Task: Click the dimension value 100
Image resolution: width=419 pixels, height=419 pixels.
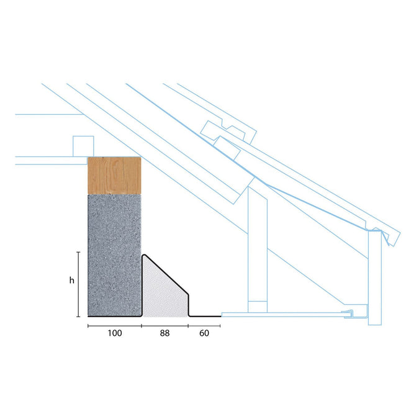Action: pyautogui.click(x=114, y=333)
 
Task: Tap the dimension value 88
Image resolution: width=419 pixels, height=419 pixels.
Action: pyautogui.click(x=164, y=333)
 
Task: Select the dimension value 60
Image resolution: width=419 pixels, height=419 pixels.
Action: pyautogui.click(x=204, y=333)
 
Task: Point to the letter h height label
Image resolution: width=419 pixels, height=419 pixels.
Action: pyautogui.click(x=71, y=281)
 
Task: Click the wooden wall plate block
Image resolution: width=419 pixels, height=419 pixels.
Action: pyautogui.click(x=115, y=175)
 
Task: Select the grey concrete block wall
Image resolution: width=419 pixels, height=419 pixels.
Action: pyautogui.click(x=115, y=255)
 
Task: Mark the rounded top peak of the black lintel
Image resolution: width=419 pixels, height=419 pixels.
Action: pyautogui.click(x=145, y=255)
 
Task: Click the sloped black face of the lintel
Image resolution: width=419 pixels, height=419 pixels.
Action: pyautogui.click(x=168, y=274)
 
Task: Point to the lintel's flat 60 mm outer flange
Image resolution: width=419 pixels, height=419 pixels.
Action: pyautogui.click(x=205, y=316)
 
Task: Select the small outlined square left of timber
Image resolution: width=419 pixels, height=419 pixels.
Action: pyautogui.click(x=82, y=146)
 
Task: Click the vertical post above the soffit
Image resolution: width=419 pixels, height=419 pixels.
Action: pyautogui.click(x=257, y=248)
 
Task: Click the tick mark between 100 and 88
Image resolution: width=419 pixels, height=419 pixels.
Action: pyautogui.click(x=141, y=325)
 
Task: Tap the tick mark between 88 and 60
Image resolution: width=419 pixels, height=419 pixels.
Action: pyautogui.click(x=189, y=325)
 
